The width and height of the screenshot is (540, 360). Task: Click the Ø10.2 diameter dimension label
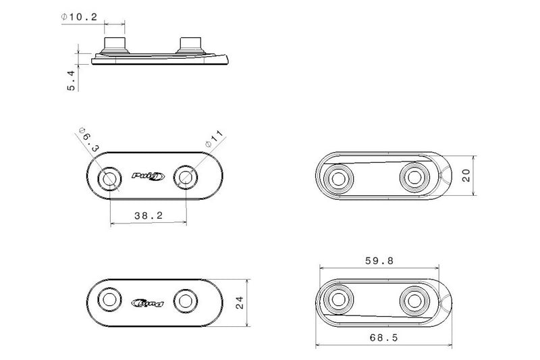coord(79,17)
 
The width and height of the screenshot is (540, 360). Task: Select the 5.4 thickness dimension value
coord(72,80)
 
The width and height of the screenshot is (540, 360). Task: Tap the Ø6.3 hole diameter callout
coord(89,140)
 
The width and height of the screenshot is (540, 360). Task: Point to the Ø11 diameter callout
coord(215,139)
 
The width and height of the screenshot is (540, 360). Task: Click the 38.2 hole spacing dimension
coord(148,215)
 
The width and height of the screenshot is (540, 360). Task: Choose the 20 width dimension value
coord(466,176)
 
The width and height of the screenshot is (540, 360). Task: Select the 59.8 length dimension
coord(379,261)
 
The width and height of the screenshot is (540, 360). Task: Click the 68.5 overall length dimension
coord(383,338)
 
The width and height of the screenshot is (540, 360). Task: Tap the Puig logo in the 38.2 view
coord(148,176)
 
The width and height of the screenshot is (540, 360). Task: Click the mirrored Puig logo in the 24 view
coord(148,303)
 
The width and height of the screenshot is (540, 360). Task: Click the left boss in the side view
coord(115,45)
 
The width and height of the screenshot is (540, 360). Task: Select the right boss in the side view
coord(190,45)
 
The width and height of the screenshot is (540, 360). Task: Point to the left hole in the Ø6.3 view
coord(110,179)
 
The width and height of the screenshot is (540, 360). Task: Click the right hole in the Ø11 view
coord(186,178)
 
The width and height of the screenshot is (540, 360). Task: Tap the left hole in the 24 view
coord(110,300)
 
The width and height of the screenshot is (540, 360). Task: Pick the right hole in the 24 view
coord(186,301)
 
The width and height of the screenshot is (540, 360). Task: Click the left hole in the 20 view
coord(339,179)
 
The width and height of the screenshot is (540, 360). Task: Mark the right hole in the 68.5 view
coord(414,301)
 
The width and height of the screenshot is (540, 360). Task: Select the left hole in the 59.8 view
coord(339,299)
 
